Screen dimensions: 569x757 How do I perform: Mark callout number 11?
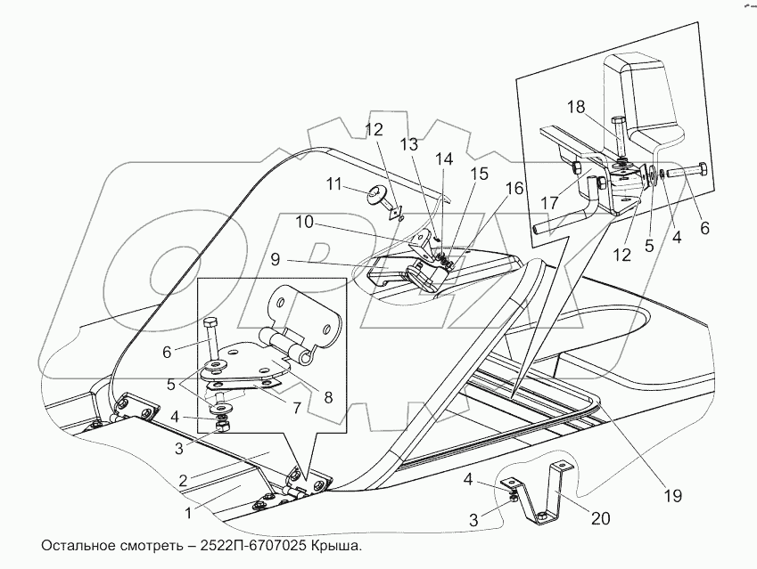pyautogui.click(x=333, y=183)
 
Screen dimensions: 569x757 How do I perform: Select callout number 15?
pyautogui.click(x=480, y=174)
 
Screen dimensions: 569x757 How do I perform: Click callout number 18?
pyautogui.click(x=577, y=106)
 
